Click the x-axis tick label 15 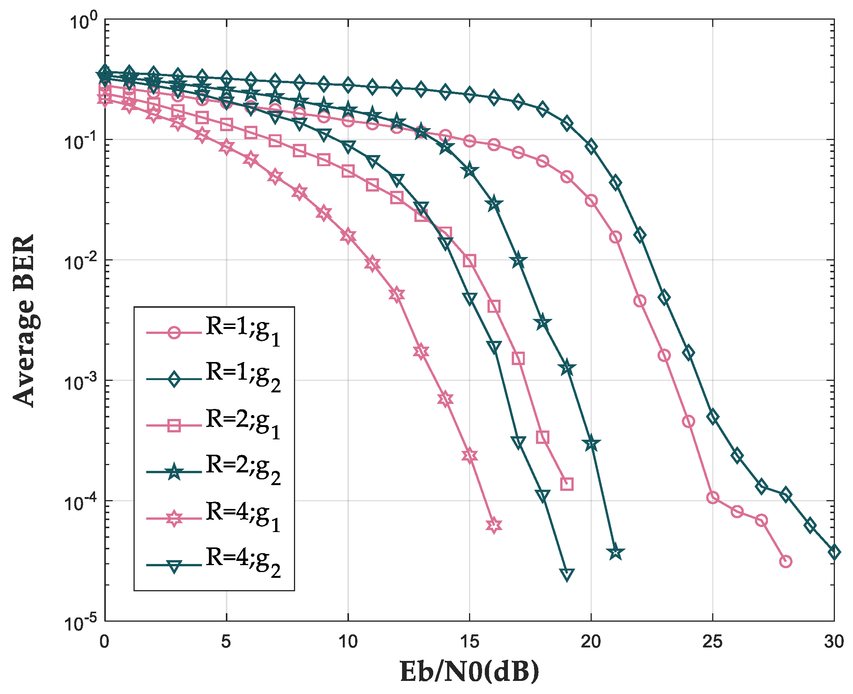[x=469, y=642]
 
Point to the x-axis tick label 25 [x=712, y=642]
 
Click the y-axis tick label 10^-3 [x=80, y=381]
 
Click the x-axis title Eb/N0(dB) [x=469, y=672]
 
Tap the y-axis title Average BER [x=24, y=320]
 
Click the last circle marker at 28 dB [x=785, y=561]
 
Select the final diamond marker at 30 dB [x=834, y=552]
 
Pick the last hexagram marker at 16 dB [x=494, y=525]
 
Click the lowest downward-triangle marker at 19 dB [x=566, y=574]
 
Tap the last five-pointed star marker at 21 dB [x=615, y=552]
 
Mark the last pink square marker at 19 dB [x=566, y=484]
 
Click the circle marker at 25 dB [x=712, y=498]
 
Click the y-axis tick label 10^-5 [x=80, y=623]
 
